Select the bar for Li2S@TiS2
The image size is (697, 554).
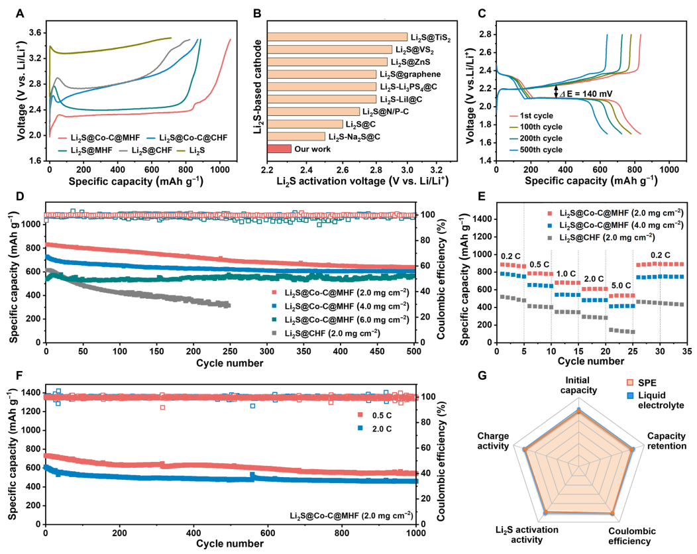tap(337, 37)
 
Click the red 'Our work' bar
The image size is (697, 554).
tap(280, 148)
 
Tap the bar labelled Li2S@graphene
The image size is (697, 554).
tap(322, 74)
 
